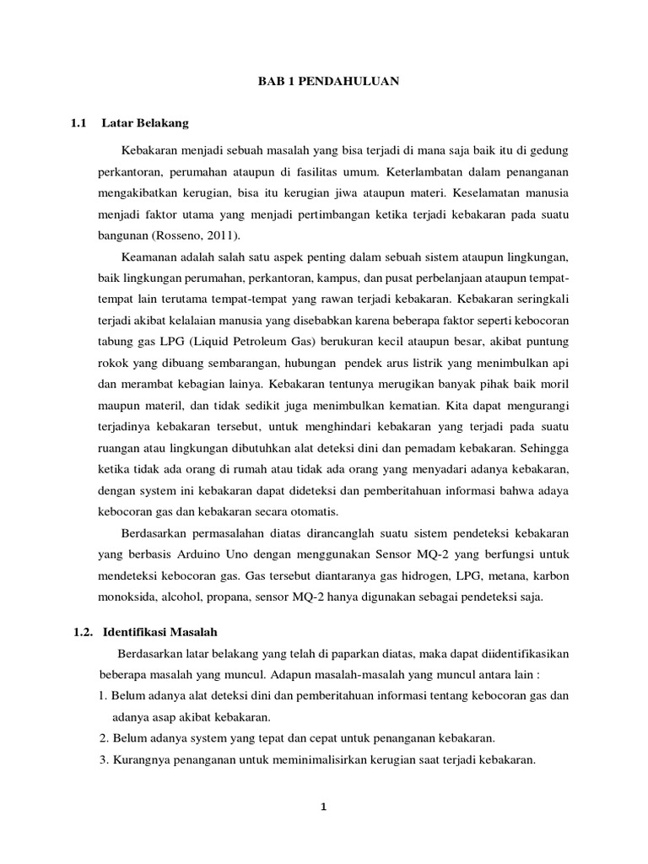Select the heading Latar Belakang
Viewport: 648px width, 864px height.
pos(145,123)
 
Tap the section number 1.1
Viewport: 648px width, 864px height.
pos(81,123)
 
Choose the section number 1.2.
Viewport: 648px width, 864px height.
pos(82,631)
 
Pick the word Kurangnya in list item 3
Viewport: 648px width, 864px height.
pos(139,759)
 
